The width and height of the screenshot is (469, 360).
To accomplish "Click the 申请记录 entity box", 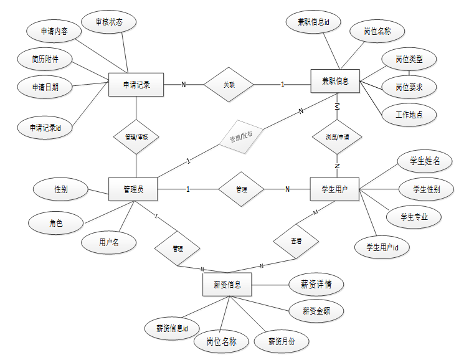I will pyautogui.click(x=136, y=85).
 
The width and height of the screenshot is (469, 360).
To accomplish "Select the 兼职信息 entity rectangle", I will pyautogui.click(x=336, y=82).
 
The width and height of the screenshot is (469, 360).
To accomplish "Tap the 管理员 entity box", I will pyautogui.click(x=133, y=189).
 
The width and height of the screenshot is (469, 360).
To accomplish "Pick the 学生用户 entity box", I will pyautogui.click(x=334, y=189).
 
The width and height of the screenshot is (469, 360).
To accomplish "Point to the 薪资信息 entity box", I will pyautogui.click(x=227, y=285).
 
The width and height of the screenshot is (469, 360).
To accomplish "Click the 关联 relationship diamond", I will pyautogui.click(x=229, y=84).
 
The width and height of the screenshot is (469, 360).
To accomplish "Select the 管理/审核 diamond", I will pyautogui.click(x=135, y=136).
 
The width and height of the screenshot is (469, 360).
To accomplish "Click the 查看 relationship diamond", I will pyautogui.click(x=296, y=240).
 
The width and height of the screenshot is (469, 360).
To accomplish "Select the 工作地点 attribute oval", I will pyautogui.click(x=407, y=115).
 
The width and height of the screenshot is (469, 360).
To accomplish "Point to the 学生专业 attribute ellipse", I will pyautogui.click(x=413, y=217).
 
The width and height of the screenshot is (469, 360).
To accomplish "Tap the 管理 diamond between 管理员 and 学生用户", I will pyautogui.click(x=242, y=189).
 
